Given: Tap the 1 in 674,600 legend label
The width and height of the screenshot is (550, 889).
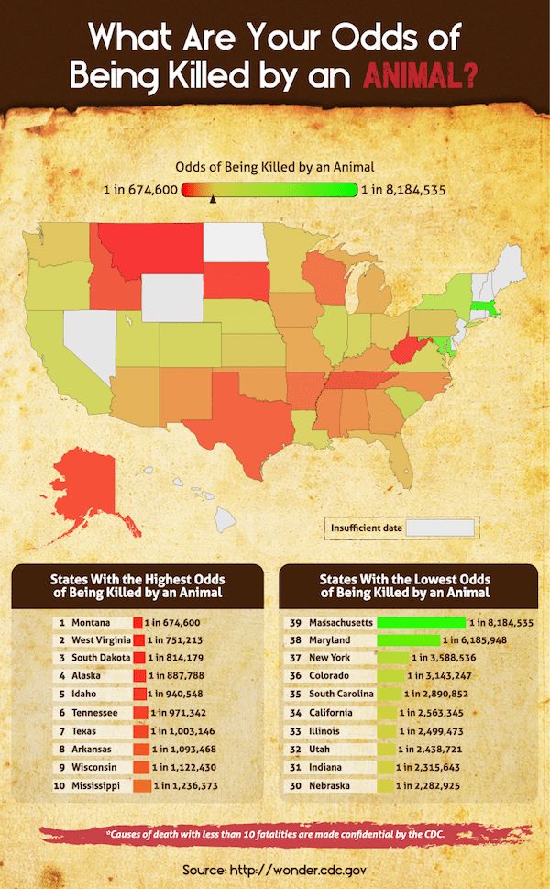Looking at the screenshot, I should tap(140, 190).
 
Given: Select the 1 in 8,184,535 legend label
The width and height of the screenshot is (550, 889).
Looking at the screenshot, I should tap(403, 190).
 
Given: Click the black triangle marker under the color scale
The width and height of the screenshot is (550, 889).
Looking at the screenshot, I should tap(213, 199).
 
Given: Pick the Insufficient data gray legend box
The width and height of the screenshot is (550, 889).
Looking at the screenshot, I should tap(441, 528).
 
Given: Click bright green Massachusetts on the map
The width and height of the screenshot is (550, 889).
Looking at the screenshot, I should tap(484, 309).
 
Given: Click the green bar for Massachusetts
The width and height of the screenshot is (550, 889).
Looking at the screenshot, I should tap(422, 622).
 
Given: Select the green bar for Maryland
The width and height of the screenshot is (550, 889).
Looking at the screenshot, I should tap(409, 639).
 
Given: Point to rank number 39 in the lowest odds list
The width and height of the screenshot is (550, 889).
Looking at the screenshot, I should tap(295, 622).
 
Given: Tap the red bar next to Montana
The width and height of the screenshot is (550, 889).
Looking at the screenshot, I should tap(137, 622).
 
